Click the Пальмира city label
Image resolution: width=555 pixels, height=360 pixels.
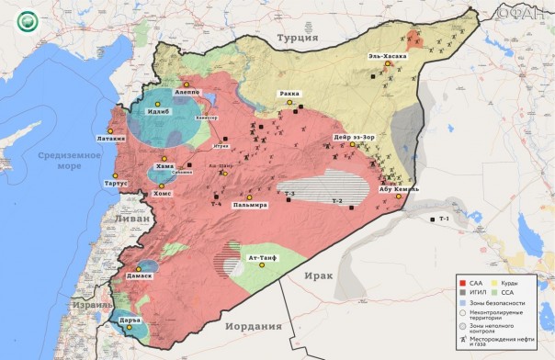[x=249, y=205]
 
